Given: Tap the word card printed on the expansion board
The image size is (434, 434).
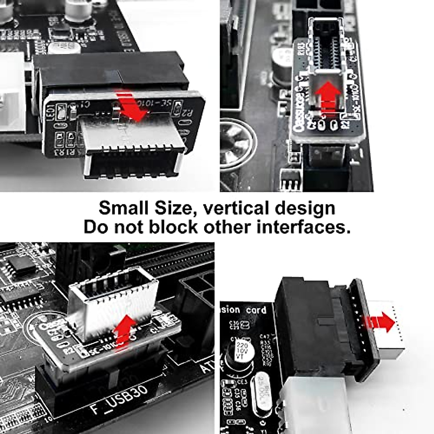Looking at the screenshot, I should (256, 310).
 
